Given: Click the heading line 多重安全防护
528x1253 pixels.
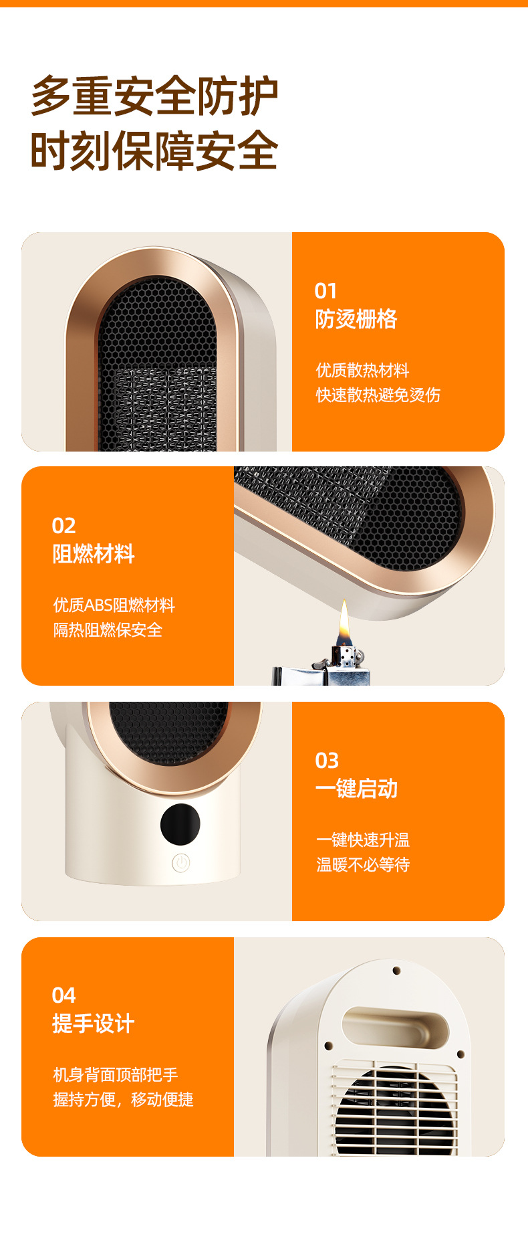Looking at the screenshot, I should click(154, 96).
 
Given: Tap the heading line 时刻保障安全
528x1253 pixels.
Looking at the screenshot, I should click(154, 151).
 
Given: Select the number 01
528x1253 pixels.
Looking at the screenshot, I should click(326, 291).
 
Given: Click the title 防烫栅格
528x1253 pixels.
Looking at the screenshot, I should click(356, 319).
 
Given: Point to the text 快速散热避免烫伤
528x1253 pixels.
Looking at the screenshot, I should click(378, 395).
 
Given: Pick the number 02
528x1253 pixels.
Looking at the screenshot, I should click(64, 526).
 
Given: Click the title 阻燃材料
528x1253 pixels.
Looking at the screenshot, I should click(94, 554).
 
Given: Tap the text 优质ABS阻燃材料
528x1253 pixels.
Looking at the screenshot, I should click(114, 605).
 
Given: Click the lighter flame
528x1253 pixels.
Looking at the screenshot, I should click(344, 621).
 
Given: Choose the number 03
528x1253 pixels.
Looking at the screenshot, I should click(327, 761).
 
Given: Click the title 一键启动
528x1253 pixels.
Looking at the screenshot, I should click(356, 789).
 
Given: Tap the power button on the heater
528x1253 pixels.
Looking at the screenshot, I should click(180, 863).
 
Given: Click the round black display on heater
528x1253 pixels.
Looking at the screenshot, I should click(180, 824).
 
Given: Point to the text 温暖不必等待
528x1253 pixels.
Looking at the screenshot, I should click(363, 865).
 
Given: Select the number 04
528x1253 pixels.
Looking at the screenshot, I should click(64, 995).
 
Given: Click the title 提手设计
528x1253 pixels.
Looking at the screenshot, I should click(94, 1024).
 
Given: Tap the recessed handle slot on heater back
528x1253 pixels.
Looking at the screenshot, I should click(394, 1026).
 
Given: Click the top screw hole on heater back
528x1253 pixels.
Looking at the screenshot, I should click(396, 970).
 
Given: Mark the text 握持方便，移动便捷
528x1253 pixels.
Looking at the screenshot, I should click(124, 1100).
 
